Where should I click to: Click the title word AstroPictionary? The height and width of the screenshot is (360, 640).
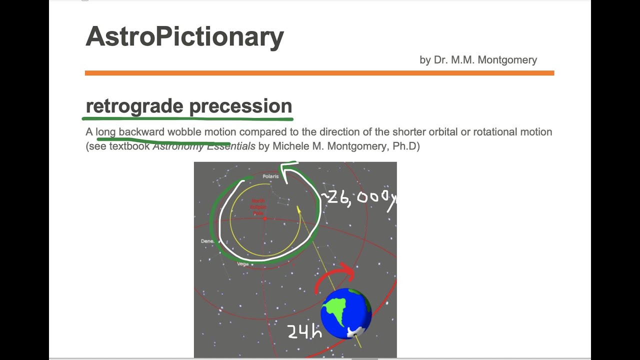coord(184,37)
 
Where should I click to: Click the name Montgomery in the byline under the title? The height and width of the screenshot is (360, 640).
coord(507,60)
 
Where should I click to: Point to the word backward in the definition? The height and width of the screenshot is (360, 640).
coord(141,132)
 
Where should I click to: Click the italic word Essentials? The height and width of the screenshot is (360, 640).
coord(231,146)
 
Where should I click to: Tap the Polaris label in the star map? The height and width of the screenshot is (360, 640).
coord(270,176)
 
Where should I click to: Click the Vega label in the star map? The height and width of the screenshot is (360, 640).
coord(242,264)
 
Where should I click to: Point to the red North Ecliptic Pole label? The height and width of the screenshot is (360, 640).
coord(258,207)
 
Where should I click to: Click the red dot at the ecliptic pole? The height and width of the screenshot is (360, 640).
coord(265,218)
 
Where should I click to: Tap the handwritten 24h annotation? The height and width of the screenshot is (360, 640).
coord(303,331)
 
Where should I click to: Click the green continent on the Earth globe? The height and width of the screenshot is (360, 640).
coord(336,310)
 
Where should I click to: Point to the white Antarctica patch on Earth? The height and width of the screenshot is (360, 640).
coord(356,331)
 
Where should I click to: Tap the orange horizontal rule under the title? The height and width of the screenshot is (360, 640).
coord(319,73)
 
